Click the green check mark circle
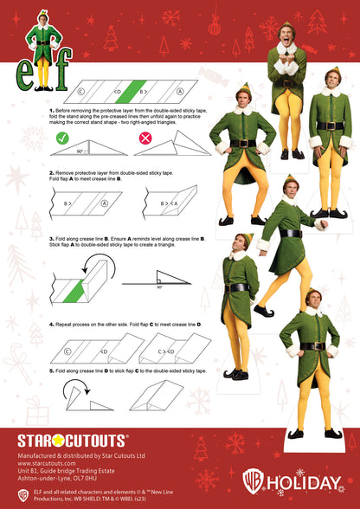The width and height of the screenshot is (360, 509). pyautogui.click(x=62, y=138)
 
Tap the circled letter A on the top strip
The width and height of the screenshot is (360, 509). pyautogui.click(x=179, y=89)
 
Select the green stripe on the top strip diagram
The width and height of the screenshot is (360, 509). pyautogui.click(x=131, y=89)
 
